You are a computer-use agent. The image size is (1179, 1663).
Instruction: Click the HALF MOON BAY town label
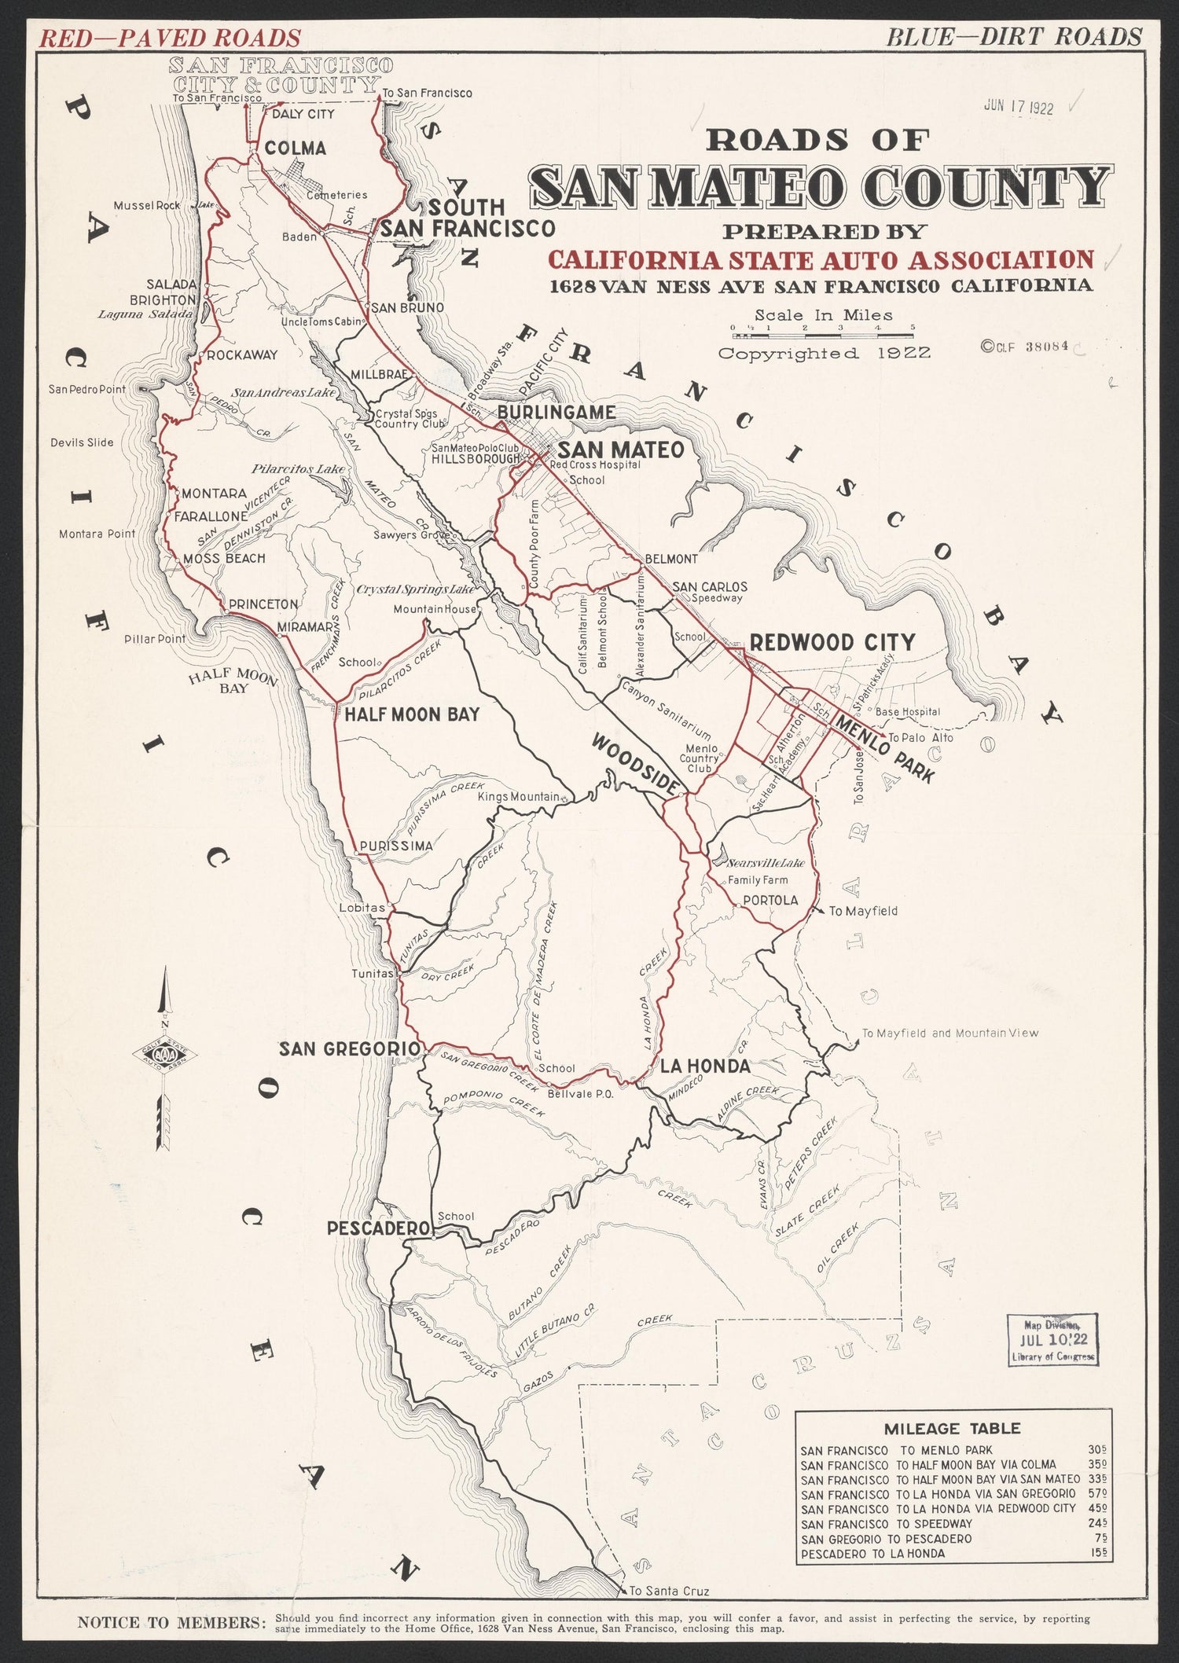pos(412,714)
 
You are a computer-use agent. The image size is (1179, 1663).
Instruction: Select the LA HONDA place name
pos(703,1066)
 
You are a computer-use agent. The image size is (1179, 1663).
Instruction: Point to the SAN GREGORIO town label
pos(350,1048)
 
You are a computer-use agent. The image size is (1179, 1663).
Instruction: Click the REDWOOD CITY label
pos(832,642)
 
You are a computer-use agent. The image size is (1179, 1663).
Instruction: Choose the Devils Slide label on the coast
pos(82,442)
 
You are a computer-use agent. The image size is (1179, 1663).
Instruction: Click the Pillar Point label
pos(155,639)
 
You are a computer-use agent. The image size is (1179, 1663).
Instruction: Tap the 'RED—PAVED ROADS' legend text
pos(171,37)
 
